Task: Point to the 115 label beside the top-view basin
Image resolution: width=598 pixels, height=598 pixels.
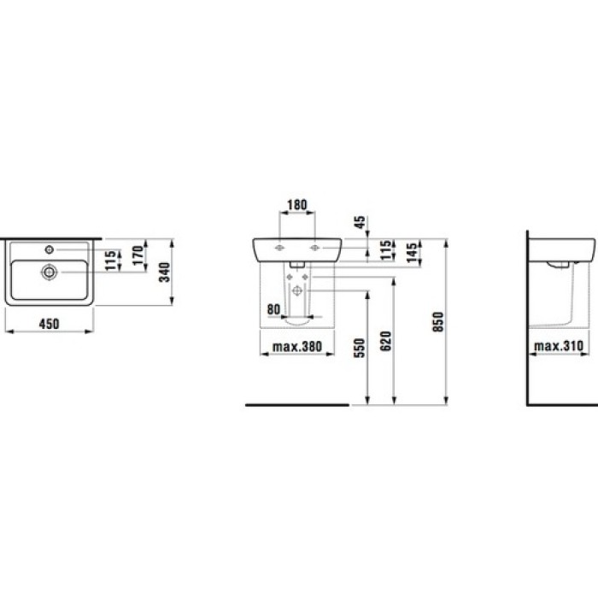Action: click(110, 260)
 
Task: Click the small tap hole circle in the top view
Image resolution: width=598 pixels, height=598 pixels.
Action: click(50, 249)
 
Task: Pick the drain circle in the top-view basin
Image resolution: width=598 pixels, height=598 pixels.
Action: click(50, 272)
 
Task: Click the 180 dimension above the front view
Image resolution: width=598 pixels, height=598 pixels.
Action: click(297, 205)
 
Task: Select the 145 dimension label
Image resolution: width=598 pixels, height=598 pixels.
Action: click(412, 253)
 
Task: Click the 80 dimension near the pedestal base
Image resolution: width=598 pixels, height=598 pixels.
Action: click(274, 308)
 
